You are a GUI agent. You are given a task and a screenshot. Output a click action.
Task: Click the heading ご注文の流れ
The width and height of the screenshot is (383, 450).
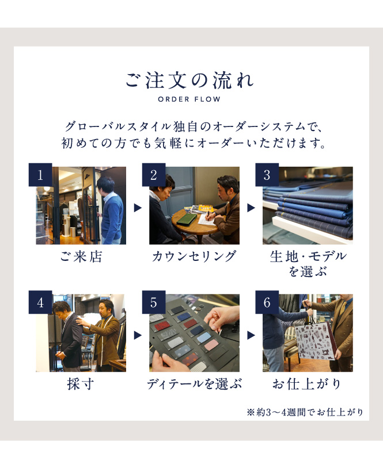point(189,80)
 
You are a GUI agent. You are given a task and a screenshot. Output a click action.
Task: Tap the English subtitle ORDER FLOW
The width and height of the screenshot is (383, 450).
point(189,99)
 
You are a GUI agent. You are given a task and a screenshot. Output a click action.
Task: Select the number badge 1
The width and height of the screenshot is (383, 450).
point(40,175)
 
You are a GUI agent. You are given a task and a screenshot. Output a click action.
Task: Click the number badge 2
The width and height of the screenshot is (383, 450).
point(154,175)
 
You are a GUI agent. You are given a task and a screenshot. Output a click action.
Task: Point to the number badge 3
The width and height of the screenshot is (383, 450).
point(267,175)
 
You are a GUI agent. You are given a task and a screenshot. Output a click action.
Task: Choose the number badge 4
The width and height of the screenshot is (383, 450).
point(40,302)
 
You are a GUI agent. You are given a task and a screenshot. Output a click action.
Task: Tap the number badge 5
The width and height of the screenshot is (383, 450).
point(154,302)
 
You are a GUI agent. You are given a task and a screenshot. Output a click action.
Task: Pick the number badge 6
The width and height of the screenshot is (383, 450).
point(267,302)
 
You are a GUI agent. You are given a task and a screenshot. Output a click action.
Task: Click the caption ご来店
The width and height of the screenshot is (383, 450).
point(81,256)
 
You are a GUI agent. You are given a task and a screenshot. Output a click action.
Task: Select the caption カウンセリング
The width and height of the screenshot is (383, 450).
point(194,256)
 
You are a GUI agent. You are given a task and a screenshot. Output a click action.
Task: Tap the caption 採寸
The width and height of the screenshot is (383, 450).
point(81,384)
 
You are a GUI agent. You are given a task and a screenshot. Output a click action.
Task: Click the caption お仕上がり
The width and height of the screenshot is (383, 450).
point(307,384)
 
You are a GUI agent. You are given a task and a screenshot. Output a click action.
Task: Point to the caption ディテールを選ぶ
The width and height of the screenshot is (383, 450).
point(194,384)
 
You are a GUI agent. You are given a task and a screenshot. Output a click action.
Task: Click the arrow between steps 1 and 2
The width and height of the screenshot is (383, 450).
point(138,208)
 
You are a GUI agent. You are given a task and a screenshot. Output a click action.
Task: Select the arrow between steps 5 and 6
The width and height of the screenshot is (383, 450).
point(251,335)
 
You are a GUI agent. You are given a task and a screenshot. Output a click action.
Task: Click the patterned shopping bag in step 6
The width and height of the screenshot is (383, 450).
point(316,341)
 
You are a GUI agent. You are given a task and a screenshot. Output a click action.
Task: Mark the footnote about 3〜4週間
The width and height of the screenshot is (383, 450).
point(305,412)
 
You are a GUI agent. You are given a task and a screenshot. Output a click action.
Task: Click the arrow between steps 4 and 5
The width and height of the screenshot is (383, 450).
point(138,335)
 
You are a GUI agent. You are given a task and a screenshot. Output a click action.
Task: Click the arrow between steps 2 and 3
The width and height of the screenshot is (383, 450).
point(251,208)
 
